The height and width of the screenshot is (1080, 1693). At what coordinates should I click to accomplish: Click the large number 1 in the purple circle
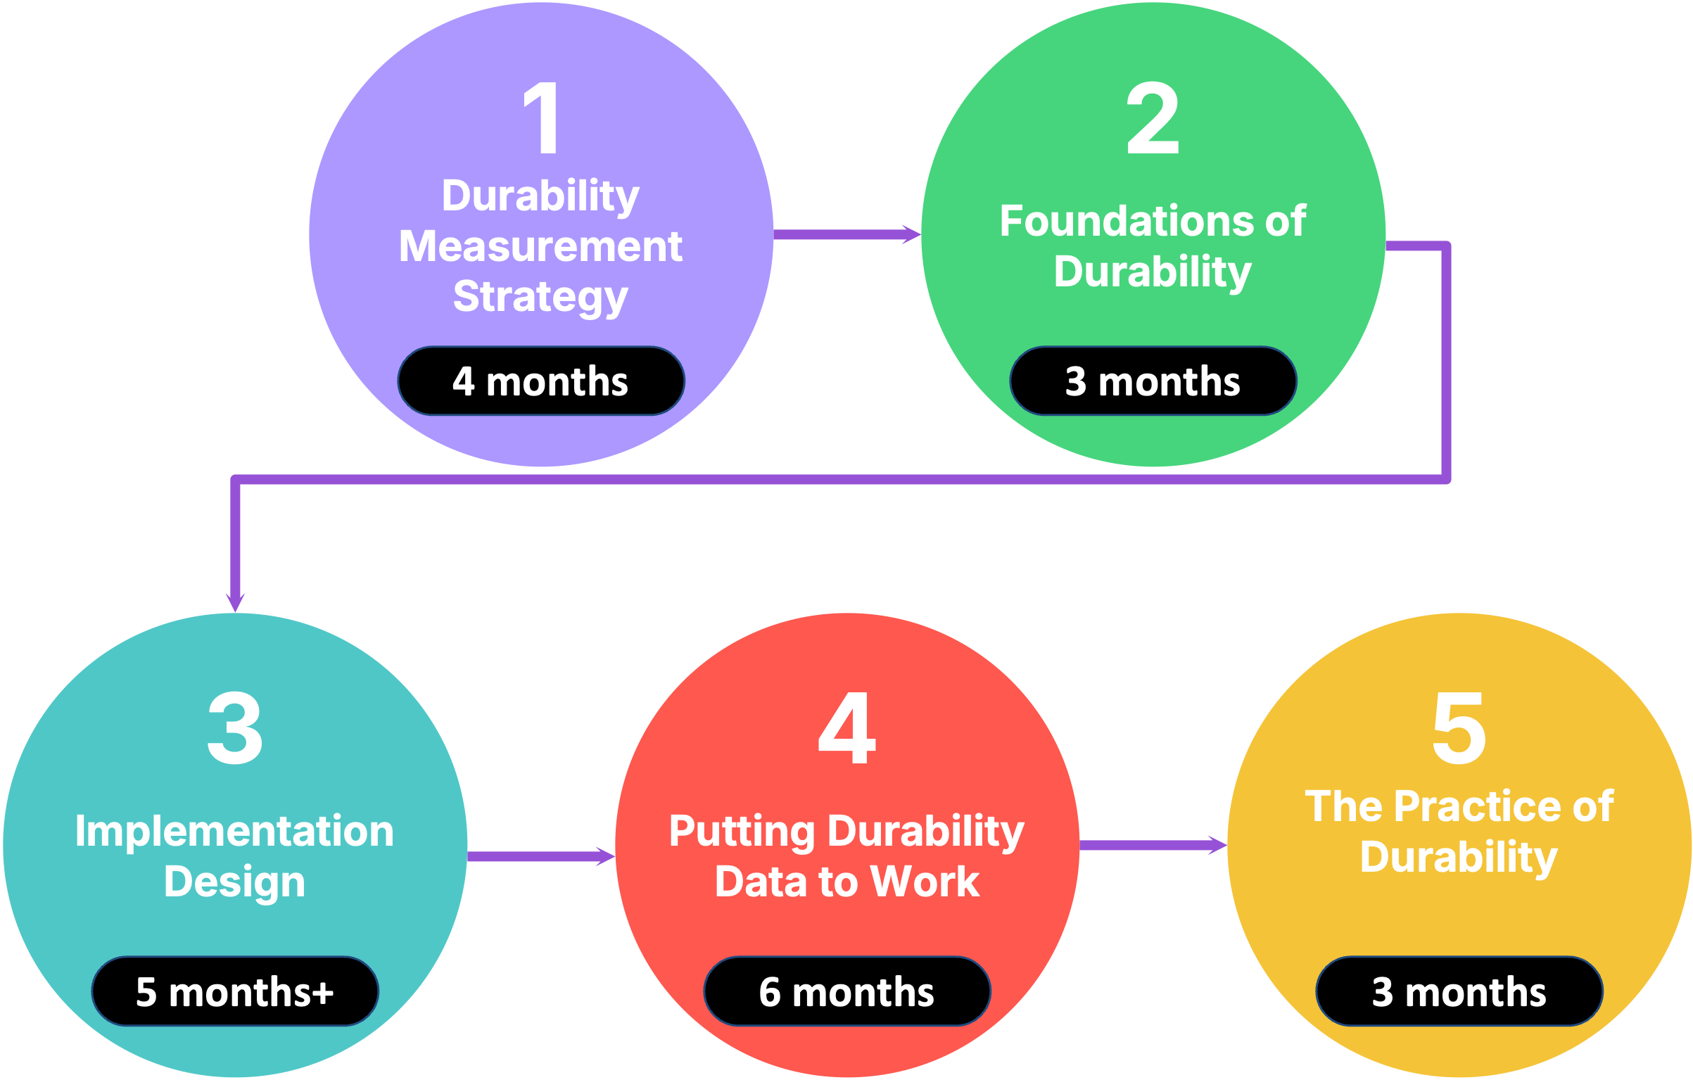542,117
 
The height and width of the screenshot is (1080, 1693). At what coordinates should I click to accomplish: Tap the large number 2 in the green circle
1153,117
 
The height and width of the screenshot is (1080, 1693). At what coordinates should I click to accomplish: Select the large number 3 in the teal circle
235,728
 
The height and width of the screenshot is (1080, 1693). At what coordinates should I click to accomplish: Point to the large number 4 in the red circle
847,728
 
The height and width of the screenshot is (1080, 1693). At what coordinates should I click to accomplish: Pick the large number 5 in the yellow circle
1459,728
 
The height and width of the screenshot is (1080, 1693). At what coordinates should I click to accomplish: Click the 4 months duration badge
541,381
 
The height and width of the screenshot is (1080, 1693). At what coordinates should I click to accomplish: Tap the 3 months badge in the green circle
1153,381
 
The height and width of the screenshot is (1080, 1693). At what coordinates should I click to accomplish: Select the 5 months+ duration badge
235,991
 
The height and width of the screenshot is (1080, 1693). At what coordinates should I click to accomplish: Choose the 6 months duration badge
847,991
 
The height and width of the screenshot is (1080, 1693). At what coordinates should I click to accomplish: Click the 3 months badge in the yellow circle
1459,991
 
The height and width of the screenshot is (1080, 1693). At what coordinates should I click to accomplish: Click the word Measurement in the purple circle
541,246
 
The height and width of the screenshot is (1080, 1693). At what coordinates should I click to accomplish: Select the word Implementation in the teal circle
234,832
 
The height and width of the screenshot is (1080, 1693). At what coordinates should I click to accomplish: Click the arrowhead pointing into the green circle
912,234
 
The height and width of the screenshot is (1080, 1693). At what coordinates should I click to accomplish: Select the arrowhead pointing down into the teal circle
235,603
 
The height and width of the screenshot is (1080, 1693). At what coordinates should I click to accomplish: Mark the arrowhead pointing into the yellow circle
1218,845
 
